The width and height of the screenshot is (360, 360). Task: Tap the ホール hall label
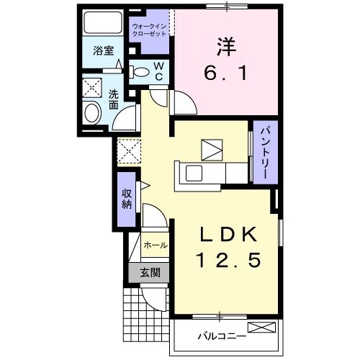[156, 246]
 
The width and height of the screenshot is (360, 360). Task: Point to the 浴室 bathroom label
[104, 50]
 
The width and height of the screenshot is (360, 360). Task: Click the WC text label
[161, 71]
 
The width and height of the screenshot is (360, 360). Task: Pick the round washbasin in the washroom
[93, 113]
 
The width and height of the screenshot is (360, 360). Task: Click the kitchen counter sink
[194, 174]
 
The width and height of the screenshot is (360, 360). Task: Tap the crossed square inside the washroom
[93, 86]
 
